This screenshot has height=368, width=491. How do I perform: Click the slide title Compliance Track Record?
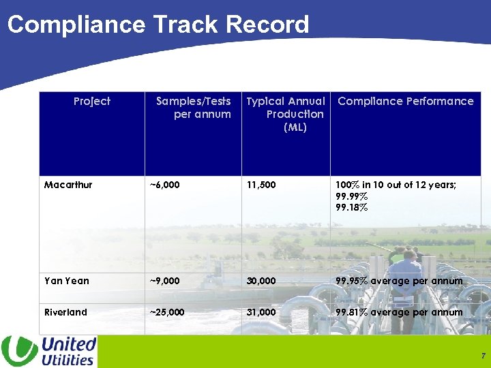[158, 25]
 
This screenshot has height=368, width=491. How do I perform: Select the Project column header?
[91, 101]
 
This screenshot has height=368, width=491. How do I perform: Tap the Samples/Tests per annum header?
[194, 108]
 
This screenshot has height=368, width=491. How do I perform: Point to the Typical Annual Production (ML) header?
[286, 114]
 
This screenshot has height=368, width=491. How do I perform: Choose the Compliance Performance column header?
[405, 101]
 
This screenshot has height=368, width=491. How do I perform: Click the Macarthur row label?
[68, 185]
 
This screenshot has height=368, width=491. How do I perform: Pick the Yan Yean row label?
[66, 281]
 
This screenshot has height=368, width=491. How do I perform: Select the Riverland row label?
[65, 312]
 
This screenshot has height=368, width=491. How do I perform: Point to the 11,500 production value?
[261, 185]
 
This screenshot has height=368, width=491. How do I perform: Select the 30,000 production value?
[262, 281]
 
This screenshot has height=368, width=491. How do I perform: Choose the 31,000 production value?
[262, 312]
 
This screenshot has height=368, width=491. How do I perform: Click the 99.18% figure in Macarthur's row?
[351, 208]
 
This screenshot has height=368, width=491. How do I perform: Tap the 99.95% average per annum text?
[398, 281]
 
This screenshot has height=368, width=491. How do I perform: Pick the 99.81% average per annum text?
[398, 312]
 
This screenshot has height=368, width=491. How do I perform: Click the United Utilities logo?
[49, 351]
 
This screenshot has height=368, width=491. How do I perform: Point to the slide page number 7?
[482, 356]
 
